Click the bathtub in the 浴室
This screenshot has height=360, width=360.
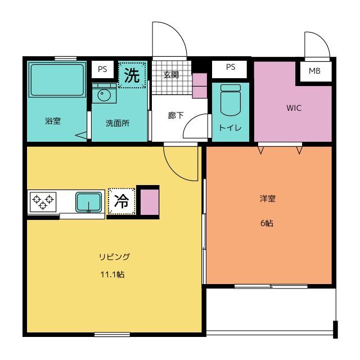(x=57, y=79)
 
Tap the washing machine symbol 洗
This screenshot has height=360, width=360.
(x=132, y=75)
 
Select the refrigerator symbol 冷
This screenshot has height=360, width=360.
(x=121, y=201)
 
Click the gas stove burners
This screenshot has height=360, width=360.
(x=43, y=202)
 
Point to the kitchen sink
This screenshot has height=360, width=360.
(x=89, y=202)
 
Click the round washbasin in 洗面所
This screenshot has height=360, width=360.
(x=104, y=94)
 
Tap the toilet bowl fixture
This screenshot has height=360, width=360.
(x=230, y=100)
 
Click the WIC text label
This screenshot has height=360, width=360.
(x=294, y=108)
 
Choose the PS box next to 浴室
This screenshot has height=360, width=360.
(x=102, y=69)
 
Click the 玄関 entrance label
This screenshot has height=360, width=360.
(x=171, y=75)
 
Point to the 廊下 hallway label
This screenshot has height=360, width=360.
(x=175, y=115)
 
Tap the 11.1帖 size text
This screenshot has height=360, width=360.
(x=112, y=274)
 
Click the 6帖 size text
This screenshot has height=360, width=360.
(x=267, y=223)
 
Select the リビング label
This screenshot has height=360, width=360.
(x=115, y=256)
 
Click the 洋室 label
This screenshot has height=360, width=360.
(x=268, y=199)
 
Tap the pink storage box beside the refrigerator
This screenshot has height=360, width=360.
(x=150, y=202)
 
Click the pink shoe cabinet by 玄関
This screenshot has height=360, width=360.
(x=200, y=85)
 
